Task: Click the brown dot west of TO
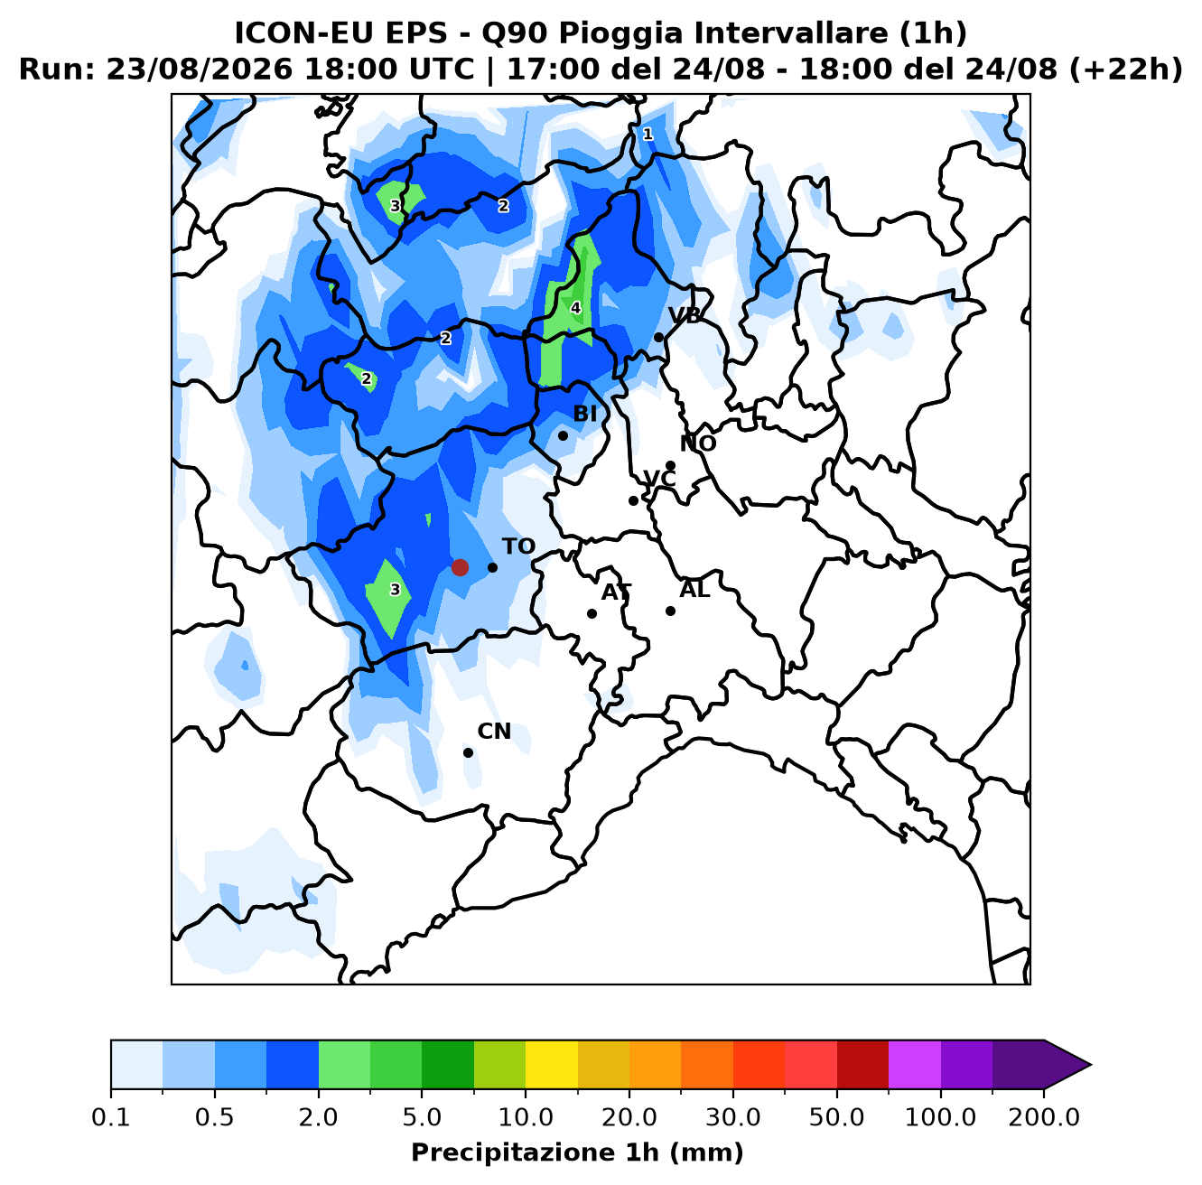[x=460, y=567]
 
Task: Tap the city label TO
[x=519, y=546]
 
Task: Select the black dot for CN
[x=468, y=753]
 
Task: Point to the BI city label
[x=584, y=414]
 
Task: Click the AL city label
[x=694, y=590]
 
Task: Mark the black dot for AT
[x=592, y=614]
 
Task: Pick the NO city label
[x=698, y=443]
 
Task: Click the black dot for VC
[x=633, y=501]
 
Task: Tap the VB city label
[x=685, y=316]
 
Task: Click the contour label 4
[x=575, y=308]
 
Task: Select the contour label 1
[x=648, y=135]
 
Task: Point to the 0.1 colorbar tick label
[x=111, y=1117]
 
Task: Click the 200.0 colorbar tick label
[x=1044, y=1117]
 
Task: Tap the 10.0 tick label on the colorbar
[x=526, y=1117]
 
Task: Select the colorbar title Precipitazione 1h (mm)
[x=577, y=1152]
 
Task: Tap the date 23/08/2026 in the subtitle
[x=199, y=70]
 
